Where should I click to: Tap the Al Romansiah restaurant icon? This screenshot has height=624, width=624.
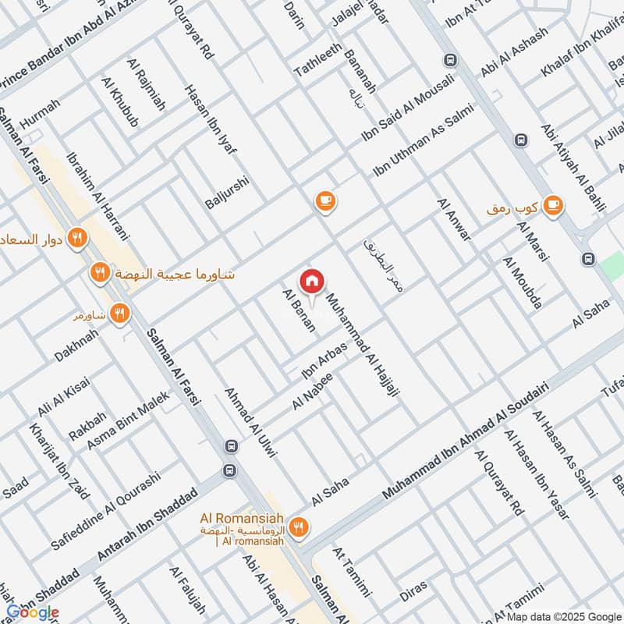pos(299,529)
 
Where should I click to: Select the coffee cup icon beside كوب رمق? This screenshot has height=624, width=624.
pos(553,204)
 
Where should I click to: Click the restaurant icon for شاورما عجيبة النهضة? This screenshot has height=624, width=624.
pos(99,273)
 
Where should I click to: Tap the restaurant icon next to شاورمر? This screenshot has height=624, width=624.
pos(119,314)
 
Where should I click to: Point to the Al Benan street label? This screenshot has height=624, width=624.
pos(299,310)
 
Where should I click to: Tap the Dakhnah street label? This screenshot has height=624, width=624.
pos(76,344)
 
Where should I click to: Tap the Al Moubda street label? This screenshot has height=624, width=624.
pos(522,282)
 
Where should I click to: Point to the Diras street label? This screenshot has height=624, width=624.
pos(413,592)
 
